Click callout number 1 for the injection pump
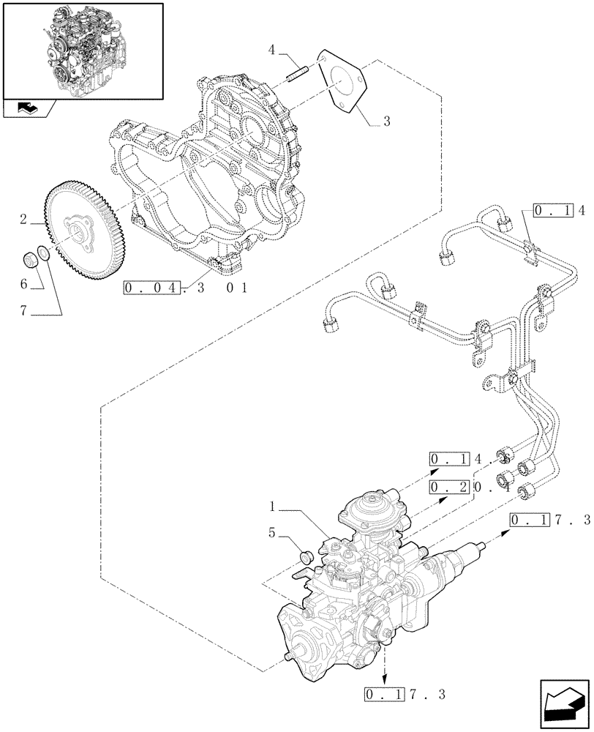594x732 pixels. (x=271, y=506)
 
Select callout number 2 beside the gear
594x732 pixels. (x=24, y=219)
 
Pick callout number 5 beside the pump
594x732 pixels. (x=271, y=534)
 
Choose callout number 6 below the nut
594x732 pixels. (x=23, y=283)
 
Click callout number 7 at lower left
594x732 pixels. (x=23, y=311)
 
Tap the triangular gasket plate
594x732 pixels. (x=340, y=79)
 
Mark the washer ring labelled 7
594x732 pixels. (x=44, y=255)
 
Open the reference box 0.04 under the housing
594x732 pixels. (x=151, y=288)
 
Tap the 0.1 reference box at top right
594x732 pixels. (x=549, y=212)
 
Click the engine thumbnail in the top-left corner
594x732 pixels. (x=82, y=50)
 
